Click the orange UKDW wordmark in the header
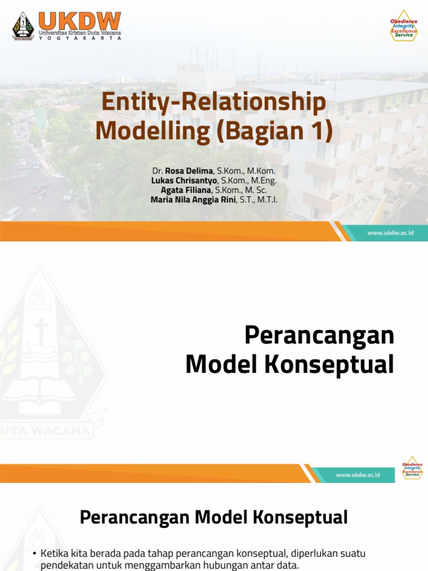click(79, 21)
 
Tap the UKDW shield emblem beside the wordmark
click(23, 26)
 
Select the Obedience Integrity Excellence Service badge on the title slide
click(403, 25)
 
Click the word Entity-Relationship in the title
click(213, 103)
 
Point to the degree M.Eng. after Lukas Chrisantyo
click(262, 181)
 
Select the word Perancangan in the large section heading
click(319, 336)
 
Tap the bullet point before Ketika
click(35, 554)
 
